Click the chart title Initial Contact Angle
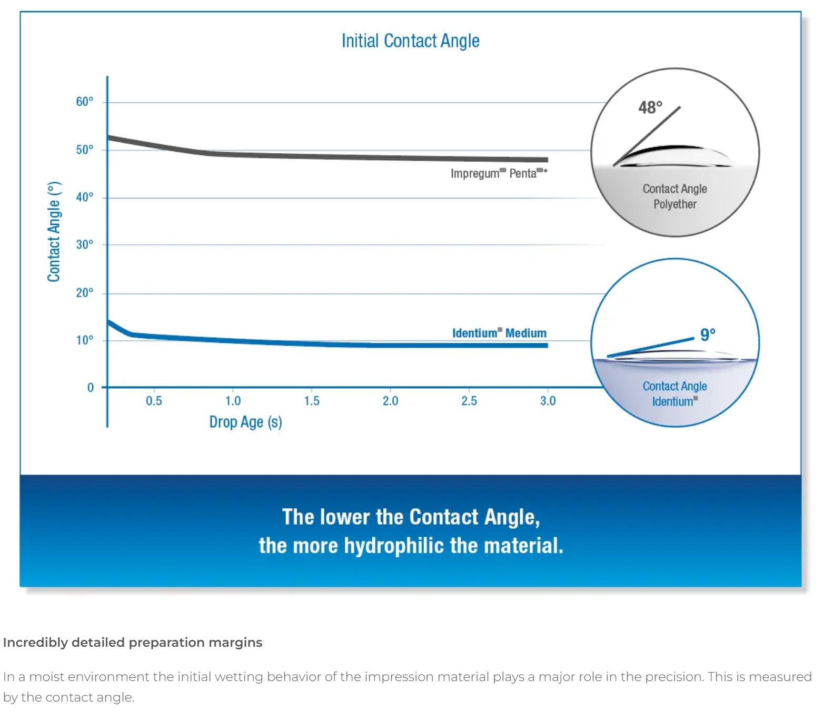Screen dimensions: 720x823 point(410,41)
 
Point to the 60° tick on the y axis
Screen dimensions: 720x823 point(85,102)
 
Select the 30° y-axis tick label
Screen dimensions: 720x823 point(85,244)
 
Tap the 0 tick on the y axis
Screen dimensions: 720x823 point(90,388)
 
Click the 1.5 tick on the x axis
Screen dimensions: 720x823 point(311,401)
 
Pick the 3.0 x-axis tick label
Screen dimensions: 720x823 point(548,401)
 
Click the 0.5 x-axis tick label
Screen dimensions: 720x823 point(154,401)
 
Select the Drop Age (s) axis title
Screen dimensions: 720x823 point(245,422)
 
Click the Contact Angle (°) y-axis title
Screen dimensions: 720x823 point(54,232)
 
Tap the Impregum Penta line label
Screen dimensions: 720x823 point(498,173)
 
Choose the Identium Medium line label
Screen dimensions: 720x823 point(499,333)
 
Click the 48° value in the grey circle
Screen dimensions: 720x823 point(650,107)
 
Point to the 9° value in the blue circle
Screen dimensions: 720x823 point(708,334)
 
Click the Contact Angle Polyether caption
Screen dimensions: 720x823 point(675,196)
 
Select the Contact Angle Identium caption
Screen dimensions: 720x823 point(675,393)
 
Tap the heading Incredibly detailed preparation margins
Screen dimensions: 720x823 point(133,643)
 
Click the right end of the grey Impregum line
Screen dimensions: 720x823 point(546,160)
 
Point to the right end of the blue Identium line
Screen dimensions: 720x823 point(546,346)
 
